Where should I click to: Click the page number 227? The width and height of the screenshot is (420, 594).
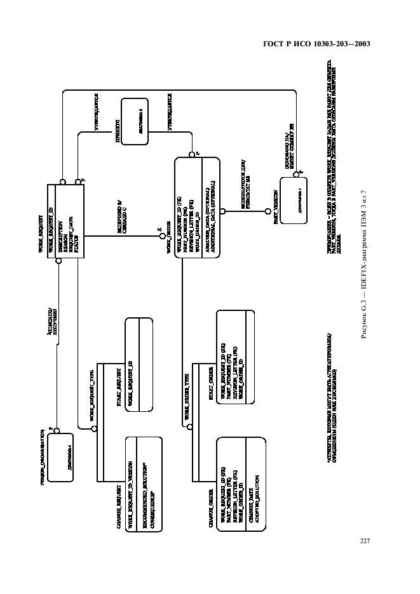pos(365,524)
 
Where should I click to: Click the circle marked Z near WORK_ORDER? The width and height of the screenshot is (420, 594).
pos(161,237)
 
